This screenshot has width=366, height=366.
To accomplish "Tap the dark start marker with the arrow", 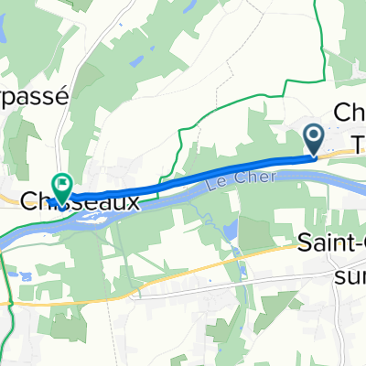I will click(x=313, y=140).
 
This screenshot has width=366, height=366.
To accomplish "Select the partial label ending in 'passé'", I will click(x=34, y=102).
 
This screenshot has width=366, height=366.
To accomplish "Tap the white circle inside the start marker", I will click(x=313, y=137).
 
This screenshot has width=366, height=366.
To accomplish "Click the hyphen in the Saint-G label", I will click(x=349, y=246).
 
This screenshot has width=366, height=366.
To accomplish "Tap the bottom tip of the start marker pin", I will click(x=313, y=156).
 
